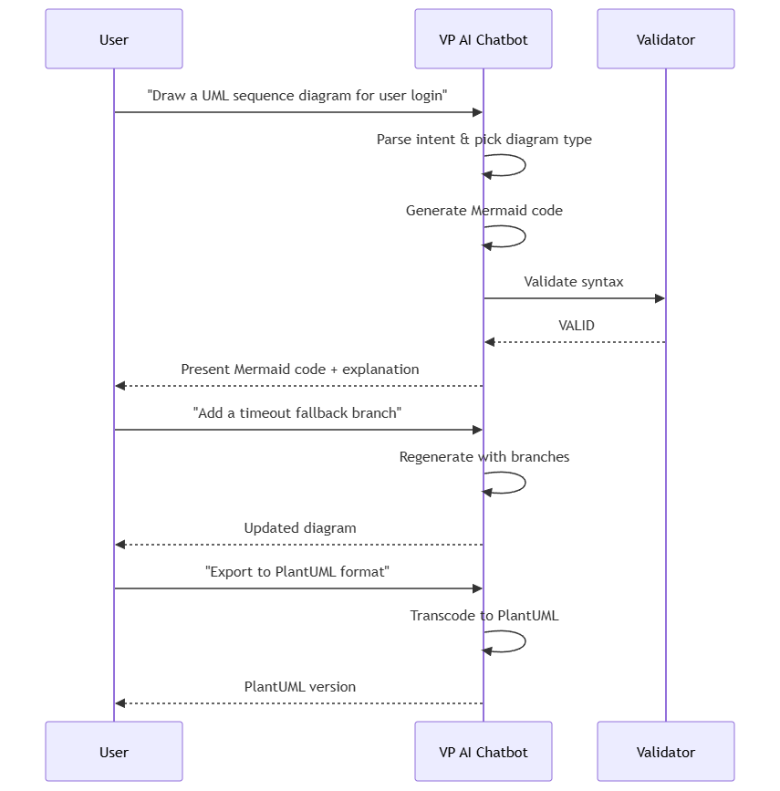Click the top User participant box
point(114,39)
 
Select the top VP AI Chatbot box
point(484,39)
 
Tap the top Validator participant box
point(665,39)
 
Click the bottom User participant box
point(114,751)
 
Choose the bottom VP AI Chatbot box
point(484,751)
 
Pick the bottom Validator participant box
point(665,751)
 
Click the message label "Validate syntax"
point(574,282)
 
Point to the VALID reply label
point(577,326)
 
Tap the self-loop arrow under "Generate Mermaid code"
point(525,236)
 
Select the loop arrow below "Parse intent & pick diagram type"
point(525,165)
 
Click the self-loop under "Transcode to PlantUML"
point(525,641)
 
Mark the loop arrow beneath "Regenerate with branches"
point(525,483)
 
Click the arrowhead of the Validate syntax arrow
point(660,298)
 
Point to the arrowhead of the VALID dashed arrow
point(489,342)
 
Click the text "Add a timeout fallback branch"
point(297,413)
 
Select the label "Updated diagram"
point(300,528)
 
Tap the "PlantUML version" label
point(300,687)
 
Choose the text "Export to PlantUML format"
point(297,571)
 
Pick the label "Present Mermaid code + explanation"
point(300,369)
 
